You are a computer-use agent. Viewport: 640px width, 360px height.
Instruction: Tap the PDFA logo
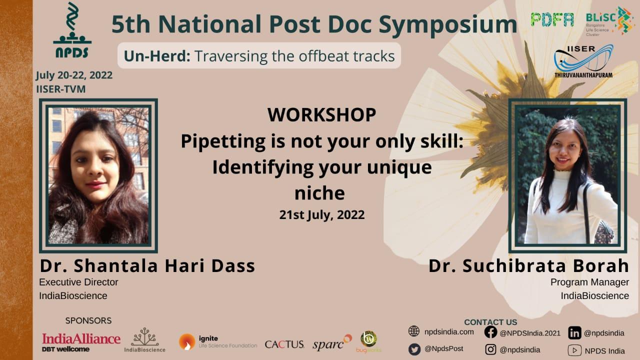pos(552,19)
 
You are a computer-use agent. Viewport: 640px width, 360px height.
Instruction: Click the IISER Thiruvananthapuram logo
pos(583,61)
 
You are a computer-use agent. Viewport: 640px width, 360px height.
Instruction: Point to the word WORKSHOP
pos(321,115)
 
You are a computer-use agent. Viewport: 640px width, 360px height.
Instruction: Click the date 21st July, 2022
pos(322,215)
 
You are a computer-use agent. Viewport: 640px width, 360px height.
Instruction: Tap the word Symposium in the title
pos(448,24)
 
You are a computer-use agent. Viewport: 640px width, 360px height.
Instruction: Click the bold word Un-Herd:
pos(157,55)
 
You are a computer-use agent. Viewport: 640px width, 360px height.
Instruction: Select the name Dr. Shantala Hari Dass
pos(147,265)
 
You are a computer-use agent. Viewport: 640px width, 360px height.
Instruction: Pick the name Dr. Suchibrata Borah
pos(528,265)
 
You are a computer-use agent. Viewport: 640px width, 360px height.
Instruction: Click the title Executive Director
pos(78,282)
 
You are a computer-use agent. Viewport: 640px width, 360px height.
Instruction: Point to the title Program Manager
pos(589,282)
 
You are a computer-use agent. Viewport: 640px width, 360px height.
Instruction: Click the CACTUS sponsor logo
pos(284,344)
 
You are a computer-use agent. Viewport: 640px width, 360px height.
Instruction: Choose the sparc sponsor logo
pos(332,342)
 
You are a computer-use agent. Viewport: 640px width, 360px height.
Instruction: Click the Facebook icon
pos(490,332)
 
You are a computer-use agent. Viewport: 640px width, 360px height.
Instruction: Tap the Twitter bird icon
pos(414,349)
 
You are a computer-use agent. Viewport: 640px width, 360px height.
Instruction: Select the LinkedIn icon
pos(574,333)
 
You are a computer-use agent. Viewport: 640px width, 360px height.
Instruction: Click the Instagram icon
pos(490,349)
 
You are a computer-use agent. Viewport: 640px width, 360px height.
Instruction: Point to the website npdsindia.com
pos(449,332)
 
